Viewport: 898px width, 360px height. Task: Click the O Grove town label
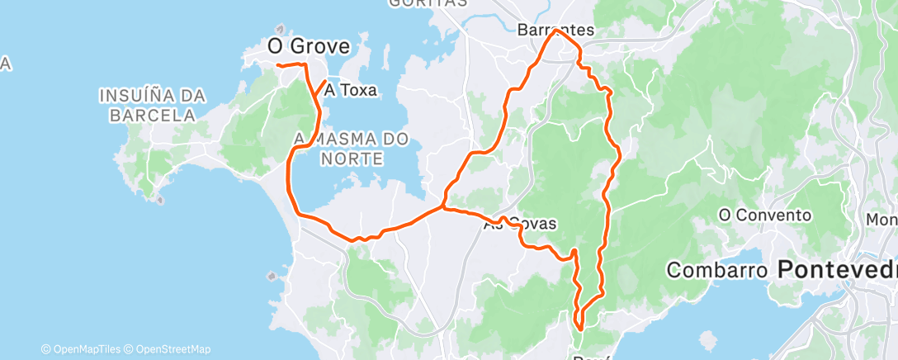[309, 47]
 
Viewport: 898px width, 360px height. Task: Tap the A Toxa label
[351, 90]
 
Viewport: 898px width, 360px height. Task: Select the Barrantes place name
[555, 30]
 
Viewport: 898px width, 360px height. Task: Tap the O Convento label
[765, 216]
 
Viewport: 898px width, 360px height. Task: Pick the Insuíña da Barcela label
[152, 106]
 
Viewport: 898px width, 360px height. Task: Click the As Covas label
[520, 223]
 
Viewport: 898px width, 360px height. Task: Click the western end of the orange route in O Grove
[276, 64]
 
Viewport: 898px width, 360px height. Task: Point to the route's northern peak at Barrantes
[554, 31]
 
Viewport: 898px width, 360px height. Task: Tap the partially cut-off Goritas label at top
[427, 3]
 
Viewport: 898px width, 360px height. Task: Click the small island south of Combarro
[707, 339]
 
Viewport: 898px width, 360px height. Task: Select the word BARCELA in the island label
[152, 116]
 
